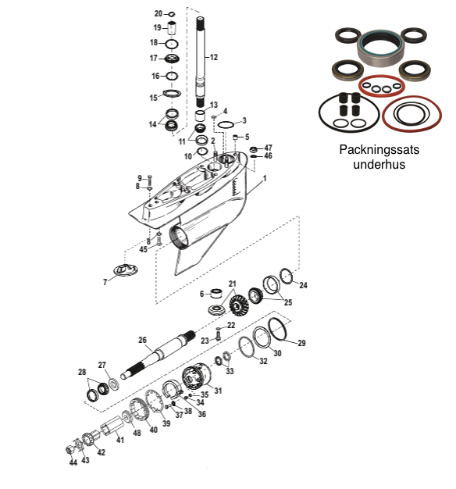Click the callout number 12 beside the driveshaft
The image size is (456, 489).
click(x=214, y=57)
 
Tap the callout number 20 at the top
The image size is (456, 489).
click(x=159, y=14)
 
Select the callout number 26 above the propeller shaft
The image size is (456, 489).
click(x=142, y=340)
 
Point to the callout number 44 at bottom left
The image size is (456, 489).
click(x=73, y=462)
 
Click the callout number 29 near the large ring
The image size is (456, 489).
click(x=301, y=343)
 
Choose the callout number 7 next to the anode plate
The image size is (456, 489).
click(x=105, y=282)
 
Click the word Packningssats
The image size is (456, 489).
click(x=379, y=150)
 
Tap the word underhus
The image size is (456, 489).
click(x=379, y=164)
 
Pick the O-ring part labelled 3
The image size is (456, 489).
click(x=226, y=125)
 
